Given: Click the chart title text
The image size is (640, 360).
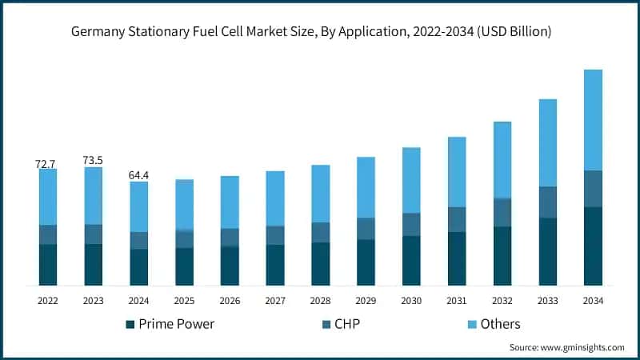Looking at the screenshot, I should tap(320, 32).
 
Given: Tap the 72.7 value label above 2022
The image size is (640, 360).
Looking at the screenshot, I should tap(46, 164).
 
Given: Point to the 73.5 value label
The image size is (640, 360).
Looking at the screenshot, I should tap(94, 161).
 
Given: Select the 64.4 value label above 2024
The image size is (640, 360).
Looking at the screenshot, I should tap(139, 174).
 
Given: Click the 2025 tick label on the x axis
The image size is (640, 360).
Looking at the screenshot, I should tap(184, 301).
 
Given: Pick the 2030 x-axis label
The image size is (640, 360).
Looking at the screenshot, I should tap(411, 301).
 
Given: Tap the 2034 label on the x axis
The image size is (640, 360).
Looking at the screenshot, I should tap(593, 301).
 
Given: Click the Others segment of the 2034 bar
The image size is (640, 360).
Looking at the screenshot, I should tap(593, 120).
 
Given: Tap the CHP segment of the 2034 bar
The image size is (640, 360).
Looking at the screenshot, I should tap(593, 189).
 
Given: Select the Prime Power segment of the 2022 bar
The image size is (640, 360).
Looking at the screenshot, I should tap(48, 265).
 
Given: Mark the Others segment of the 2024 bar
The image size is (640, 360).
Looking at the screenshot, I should tap(139, 206).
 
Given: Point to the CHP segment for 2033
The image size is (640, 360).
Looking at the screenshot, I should tap(547, 202).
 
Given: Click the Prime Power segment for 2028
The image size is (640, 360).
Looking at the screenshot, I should tap(321, 264).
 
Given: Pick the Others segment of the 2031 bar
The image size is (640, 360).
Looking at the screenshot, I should tap(457, 172).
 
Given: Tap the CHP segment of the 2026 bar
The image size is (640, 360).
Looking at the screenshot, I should tap(230, 238).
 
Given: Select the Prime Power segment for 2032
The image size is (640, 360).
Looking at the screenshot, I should tap(502, 256).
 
